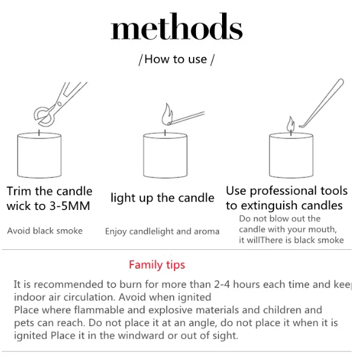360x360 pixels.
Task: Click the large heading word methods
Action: (x=177, y=27)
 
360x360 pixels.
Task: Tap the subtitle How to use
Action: (x=175, y=59)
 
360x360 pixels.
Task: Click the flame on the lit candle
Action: (x=290, y=124)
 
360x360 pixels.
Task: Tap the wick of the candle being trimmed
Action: (x=39, y=133)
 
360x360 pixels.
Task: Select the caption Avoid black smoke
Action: (x=45, y=231)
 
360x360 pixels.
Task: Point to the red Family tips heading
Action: (x=157, y=265)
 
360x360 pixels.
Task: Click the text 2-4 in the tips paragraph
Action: (x=222, y=284)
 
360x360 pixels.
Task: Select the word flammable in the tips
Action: (x=99, y=310)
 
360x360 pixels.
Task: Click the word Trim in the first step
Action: (x=19, y=191)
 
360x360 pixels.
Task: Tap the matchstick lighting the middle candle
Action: (x=186, y=118)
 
